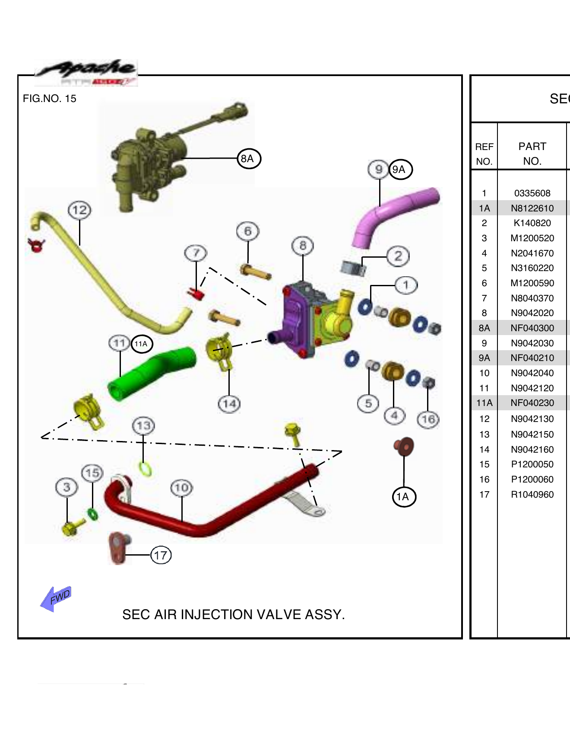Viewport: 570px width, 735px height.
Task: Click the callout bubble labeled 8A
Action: click(x=249, y=159)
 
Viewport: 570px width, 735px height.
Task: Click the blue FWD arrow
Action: click(x=56, y=598)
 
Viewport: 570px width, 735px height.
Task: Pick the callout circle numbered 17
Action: click(x=161, y=555)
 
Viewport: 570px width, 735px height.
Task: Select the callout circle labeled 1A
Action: click(x=404, y=497)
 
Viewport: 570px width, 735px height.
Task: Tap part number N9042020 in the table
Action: click(x=532, y=313)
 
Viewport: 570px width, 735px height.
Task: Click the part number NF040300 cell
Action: click(x=532, y=328)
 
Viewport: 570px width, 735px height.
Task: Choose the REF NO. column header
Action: click(x=484, y=154)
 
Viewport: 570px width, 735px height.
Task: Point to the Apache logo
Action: click(x=86, y=73)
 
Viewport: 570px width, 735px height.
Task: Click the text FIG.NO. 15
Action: click(x=50, y=99)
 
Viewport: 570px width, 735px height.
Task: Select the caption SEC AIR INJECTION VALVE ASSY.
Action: click(x=233, y=614)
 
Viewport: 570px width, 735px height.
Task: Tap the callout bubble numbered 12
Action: click(x=79, y=211)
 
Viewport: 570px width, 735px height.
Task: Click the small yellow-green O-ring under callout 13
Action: click(x=146, y=469)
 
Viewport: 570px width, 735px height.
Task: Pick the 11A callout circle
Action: click(x=142, y=344)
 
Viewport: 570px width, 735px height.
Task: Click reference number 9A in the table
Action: click(x=484, y=358)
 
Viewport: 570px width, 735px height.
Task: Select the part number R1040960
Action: click(x=532, y=495)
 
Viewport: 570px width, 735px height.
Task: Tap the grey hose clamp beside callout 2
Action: click(x=353, y=268)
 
